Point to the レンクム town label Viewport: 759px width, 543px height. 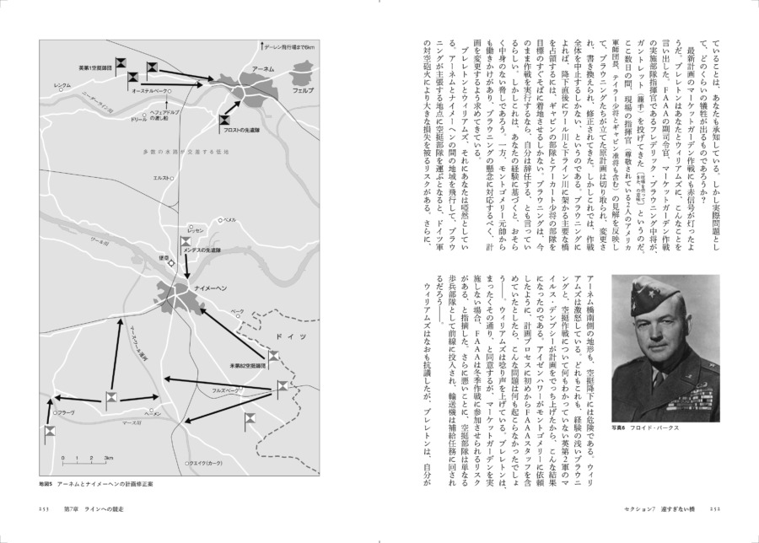(62, 86)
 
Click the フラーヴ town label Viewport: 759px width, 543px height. (67, 413)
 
